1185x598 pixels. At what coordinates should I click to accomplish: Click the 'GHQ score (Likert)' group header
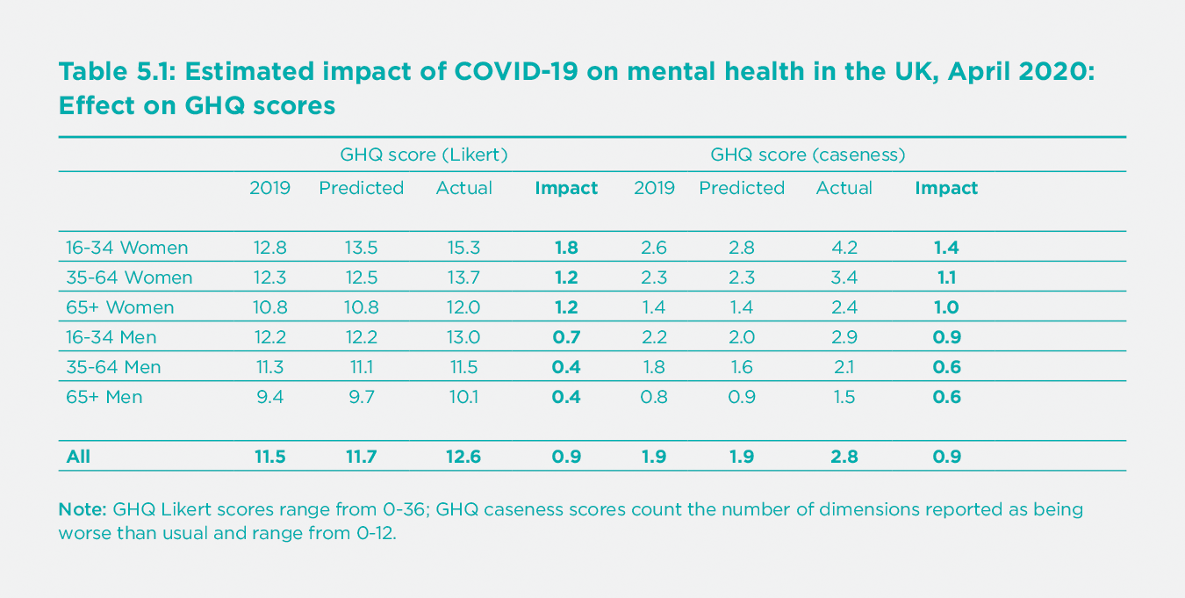click(424, 155)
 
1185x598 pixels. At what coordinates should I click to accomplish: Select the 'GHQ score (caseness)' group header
click(808, 155)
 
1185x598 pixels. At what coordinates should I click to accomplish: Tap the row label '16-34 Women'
click(127, 248)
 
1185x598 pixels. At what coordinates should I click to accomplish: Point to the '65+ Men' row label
click(104, 397)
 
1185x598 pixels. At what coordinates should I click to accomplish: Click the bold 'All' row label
click(78, 457)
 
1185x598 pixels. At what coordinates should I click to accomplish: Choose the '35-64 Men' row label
click(113, 367)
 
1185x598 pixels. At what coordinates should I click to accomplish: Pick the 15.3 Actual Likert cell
click(463, 248)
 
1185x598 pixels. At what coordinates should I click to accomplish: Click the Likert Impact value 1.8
click(566, 248)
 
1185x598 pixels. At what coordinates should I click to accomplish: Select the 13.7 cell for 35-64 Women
click(463, 277)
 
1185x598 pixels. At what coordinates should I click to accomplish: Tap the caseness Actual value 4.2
click(844, 248)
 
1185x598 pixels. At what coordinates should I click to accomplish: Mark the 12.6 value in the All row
click(463, 457)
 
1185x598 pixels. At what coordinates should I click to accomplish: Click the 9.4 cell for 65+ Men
click(269, 397)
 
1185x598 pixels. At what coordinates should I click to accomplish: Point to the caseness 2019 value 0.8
click(654, 397)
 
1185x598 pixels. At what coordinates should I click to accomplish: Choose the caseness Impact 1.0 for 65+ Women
click(946, 307)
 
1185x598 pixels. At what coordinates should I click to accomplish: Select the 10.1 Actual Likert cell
click(463, 397)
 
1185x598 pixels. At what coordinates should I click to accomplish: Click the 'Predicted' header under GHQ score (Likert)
click(361, 188)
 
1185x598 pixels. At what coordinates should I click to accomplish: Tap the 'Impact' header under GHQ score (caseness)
click(946, 188)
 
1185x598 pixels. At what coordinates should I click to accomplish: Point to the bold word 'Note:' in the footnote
click(83, 510)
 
